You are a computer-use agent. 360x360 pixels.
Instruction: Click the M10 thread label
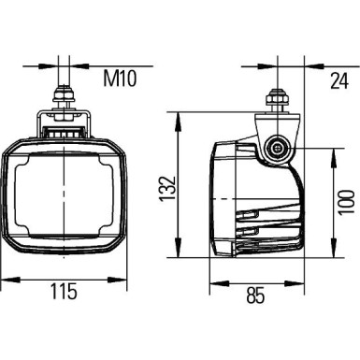tap(119, 79)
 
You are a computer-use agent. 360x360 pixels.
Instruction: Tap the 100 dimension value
tap(346, 198)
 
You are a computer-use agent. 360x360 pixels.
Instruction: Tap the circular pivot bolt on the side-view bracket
tap(277, 148)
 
